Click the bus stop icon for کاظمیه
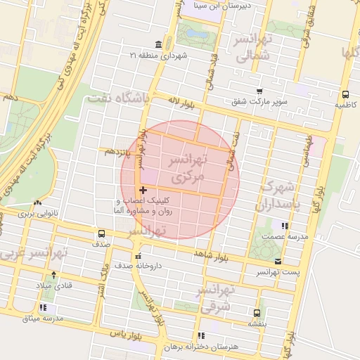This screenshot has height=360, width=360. click(345, 95)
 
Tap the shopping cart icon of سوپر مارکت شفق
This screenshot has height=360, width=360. click(259, 91)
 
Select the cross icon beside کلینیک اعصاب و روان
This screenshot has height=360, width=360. click(143, 190)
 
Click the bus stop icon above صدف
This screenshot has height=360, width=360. click(101, 233)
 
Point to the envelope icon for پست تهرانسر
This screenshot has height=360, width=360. click(278, 261)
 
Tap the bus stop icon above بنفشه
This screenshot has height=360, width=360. click(256, 313)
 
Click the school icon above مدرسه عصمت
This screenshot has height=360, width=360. click(284, 226)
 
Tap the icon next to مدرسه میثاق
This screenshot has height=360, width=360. click(44, 307)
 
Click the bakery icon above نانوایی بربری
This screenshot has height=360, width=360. click(37, 202)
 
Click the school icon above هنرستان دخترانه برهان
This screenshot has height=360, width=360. click(202, 335)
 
